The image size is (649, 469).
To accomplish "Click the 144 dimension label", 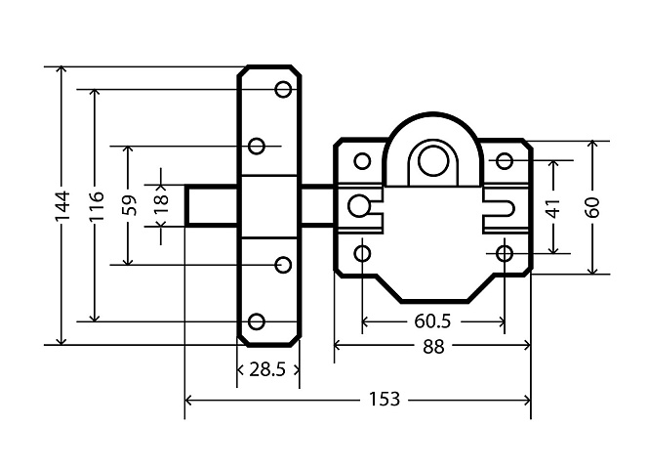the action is point(62,206).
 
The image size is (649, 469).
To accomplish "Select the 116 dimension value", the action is point(96,206).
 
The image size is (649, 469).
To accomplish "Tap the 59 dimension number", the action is point(130,205).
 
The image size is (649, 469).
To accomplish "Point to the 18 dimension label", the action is point(162,205).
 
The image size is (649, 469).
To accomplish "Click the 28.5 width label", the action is point(267,369).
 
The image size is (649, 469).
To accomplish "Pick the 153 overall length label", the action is point(385,400).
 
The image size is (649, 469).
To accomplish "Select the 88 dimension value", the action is point(433,347).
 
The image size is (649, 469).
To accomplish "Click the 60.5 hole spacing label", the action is point(432,321).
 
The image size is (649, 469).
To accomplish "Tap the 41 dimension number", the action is point(554,207).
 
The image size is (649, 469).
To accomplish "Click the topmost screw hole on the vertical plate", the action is point(284,89).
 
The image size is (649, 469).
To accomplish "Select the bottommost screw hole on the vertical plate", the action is point(257,321).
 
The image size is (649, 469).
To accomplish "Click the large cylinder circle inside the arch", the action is point(433,161).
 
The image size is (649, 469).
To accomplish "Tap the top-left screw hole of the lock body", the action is point(363,161).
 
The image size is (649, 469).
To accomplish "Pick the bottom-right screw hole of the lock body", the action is point(505,253).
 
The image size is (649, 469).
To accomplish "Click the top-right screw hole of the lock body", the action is point(505,161).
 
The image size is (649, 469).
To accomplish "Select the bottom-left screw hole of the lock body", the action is point(363,253).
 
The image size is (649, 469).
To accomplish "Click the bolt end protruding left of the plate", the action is point(211,206).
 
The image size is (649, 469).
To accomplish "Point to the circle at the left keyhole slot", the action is point(358,206).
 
